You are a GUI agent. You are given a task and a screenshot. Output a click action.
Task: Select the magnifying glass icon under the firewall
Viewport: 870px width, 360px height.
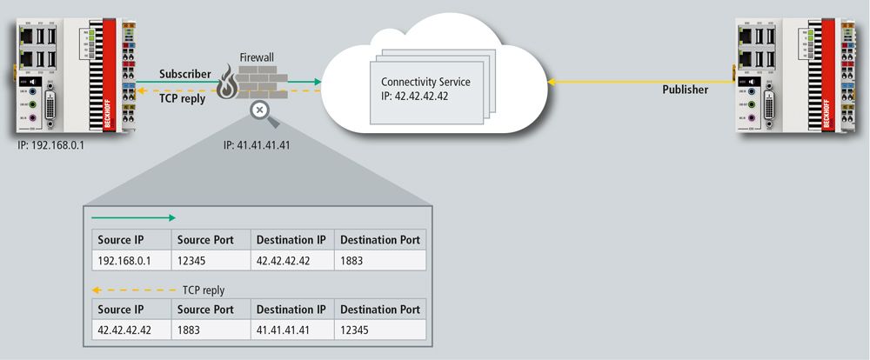click(258, 110)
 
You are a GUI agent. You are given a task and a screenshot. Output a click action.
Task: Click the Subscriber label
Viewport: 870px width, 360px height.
click(184, 74)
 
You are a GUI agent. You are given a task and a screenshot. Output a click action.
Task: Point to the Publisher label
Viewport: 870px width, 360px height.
click(686, 89)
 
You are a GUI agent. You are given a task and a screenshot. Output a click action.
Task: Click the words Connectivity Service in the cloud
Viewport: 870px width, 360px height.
click(425, 81)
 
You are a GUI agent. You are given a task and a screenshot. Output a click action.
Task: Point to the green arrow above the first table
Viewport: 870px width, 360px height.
click(134, 218)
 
